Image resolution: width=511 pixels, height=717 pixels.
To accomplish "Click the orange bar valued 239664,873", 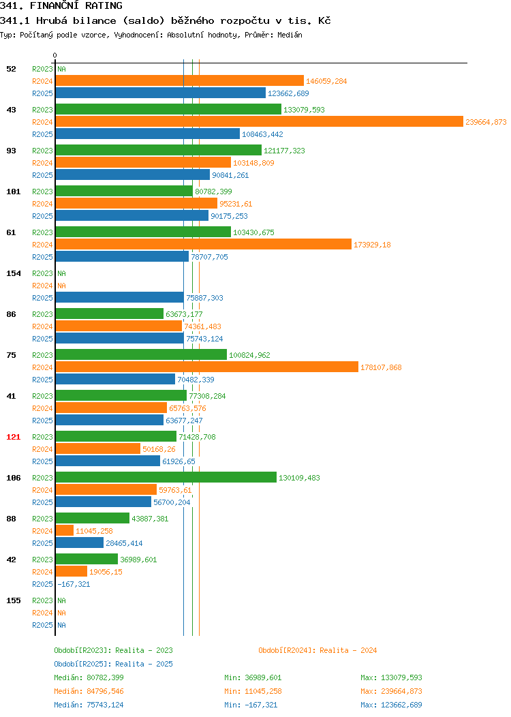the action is [x=259, y=121].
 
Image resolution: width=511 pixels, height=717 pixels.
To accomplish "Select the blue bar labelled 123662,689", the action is [x=160, y=93].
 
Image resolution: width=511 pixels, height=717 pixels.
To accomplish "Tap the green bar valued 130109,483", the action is [x=166, y=477].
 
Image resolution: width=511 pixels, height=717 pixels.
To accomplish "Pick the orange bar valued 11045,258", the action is [x=65, y=530].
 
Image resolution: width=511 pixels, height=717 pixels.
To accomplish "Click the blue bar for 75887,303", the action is [x=120, y=297].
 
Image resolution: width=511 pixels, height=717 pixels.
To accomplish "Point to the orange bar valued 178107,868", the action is [x=207, y=367].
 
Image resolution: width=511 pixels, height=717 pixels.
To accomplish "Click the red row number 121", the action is [x=13, y=437].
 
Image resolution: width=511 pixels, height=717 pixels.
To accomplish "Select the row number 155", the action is [x=13, y=600].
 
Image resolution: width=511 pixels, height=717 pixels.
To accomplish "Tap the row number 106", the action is [x=13, y=477].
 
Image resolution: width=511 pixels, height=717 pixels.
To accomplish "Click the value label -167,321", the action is [x=74, y=584].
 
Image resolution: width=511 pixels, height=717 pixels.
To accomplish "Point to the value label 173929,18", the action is [x=372, y=245].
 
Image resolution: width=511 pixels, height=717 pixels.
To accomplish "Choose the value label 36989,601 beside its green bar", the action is [x=138, y=560].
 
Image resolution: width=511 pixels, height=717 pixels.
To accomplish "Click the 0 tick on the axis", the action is [x=55, y=55].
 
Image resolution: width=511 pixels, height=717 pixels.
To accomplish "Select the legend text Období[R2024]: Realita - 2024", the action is [x=318, y=650].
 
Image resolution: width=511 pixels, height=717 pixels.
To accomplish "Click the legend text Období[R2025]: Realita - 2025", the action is [x=113, y=664].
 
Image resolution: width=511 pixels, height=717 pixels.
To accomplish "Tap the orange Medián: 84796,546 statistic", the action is [x=89, y=691].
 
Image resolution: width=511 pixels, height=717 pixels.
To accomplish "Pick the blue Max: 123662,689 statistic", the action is [x=391, y=705].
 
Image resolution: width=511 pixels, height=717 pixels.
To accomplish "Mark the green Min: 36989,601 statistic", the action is [x=253, y=677].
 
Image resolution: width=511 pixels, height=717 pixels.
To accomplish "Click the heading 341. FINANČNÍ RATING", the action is [x=61, y=5].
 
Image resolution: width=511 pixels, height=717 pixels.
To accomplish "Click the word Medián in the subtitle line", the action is [x=290, y=35].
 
